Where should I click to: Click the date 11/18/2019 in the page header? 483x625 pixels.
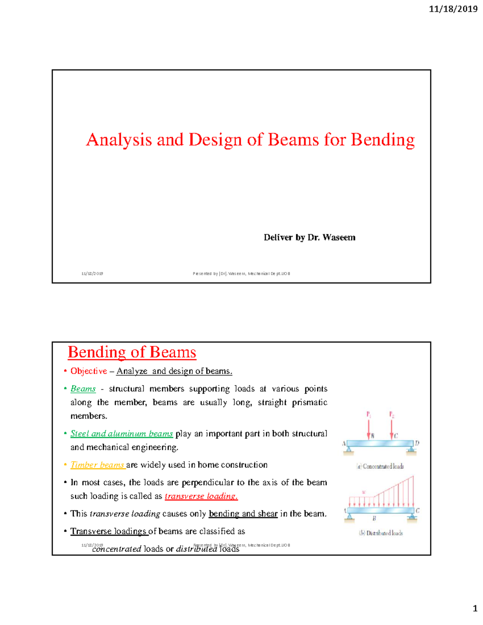tap(453, 9)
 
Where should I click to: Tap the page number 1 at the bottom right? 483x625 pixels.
tap(475, 608)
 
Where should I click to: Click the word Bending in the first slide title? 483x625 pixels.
tap(382, 140)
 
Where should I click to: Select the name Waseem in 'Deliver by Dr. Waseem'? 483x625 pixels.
tap(339, 237)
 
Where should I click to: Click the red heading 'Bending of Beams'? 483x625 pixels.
tap(132, 352)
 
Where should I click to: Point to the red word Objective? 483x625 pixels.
tap(89, 371)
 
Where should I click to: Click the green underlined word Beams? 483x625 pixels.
tap(83, 389)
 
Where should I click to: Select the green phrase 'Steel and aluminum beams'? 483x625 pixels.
tap(122, 434)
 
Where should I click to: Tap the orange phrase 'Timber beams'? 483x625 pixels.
tap(97, 465)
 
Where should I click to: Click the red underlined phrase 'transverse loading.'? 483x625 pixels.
tap(201, 496)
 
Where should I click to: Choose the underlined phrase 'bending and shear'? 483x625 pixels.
tap(243, 514)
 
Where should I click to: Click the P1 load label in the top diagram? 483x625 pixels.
tap(368, 414)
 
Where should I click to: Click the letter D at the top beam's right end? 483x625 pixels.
tap(417, 443)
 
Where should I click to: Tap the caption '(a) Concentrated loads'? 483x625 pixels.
tap(380, 466)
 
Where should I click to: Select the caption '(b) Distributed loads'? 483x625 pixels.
tap(381, 533)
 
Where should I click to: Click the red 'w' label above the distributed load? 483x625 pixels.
tap(364, 492)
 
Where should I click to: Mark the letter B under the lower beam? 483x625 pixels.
tap(374, 519)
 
